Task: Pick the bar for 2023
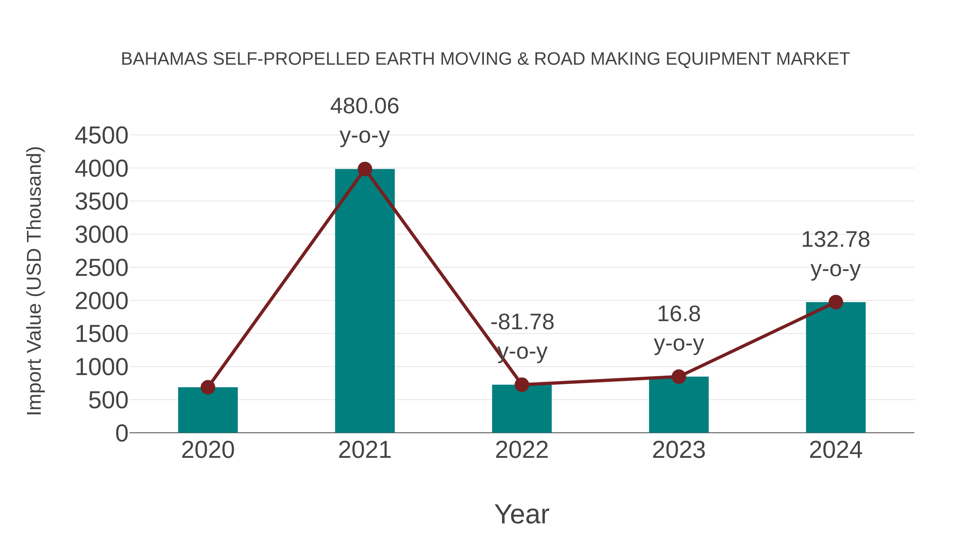tap(679, 407)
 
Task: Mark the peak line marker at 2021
tap(364, 169)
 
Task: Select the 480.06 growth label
tap(364, 106)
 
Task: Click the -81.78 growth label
tap(522, 322)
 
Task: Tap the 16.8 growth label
tap(679, 314)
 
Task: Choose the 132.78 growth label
tap(835, 240)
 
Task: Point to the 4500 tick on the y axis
tap(101, 136)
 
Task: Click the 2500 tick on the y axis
tap(101, 268)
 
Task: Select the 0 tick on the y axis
tap(121, 433)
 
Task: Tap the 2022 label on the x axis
tap(522, 450)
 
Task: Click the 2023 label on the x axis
tap(679, 450)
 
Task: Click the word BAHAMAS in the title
tap(164, 59)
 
